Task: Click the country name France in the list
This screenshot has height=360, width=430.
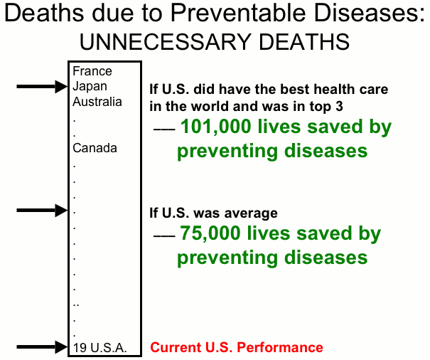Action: tap(92, 71)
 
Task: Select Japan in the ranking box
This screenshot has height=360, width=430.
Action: tap(90, 87)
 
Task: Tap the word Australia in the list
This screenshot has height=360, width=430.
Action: tap(97, 102)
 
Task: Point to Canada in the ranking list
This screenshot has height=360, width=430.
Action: tap(95, 148)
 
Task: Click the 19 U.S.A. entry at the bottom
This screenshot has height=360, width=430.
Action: tap(100, 348)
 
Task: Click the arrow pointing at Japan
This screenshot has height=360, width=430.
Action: tap(42, 87)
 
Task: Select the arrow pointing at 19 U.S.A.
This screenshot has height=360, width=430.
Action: tap(42, 347)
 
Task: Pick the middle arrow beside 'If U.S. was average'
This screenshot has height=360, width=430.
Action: tap(42, 211)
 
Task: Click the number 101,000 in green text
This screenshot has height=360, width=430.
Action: tap(215, 127)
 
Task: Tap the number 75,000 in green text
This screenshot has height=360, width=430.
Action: tap(210, 233)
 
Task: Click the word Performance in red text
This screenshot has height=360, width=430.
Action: tap(280, 347)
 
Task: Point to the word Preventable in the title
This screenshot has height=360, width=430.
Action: tap(238, 13)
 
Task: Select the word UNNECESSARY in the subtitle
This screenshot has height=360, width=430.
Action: tap(165, 42)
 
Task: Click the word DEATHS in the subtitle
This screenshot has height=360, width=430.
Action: tap(304, 42)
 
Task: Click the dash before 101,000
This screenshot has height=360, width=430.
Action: tap(164, 129)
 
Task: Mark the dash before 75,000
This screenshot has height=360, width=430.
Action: tap(164, 235)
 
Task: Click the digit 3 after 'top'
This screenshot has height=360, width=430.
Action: tap(340, 106)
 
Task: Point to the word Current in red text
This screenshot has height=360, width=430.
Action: tap(176, 347)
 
